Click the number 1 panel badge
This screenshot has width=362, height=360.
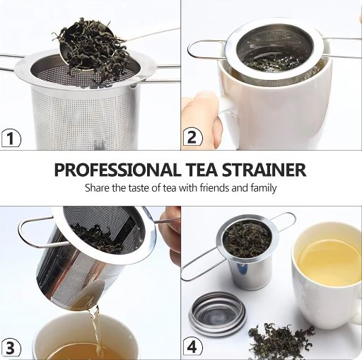[9, 138]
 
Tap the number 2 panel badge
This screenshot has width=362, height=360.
[192, 137]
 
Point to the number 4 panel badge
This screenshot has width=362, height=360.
[192, 347]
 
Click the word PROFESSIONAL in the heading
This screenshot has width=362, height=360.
[116, 170]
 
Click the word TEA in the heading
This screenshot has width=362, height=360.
[206, 170]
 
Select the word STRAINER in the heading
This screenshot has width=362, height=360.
[269, 170]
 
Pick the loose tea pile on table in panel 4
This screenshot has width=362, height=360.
[279, 339]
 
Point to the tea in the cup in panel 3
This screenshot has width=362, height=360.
[78, 351]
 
